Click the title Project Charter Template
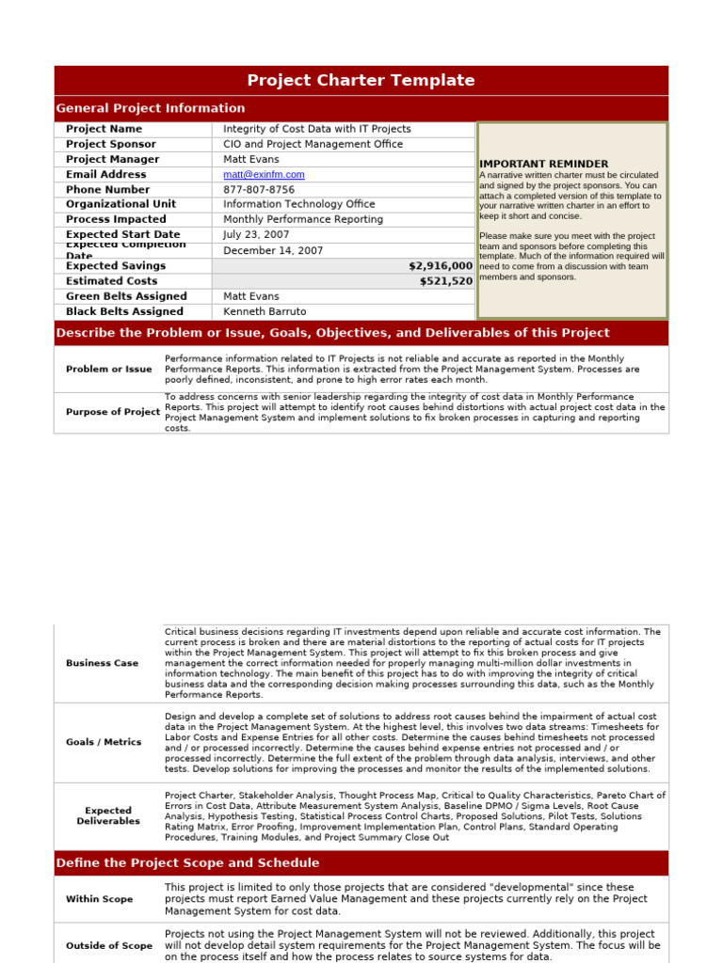[361, 81]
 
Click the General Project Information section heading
[151, 108]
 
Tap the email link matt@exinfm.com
[264, 175]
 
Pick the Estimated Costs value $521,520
[446, 281]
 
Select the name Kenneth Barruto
[265, 311]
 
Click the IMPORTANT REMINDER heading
[543, 164]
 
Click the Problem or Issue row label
[108, 370]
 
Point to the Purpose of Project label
[113, 413]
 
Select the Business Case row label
[102, 663]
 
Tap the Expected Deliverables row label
[108, 815]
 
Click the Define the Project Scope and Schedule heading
[187, 863]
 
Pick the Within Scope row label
[99, 899]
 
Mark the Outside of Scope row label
[108, 946]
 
